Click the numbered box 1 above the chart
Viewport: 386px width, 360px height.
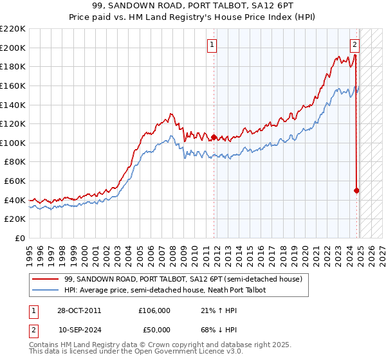click(x=212, y=44)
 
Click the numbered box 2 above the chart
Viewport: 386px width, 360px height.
click(x=354, y=44)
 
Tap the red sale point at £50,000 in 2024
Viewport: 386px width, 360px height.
click(x=356, y=190)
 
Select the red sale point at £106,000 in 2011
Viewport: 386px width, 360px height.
click(x=214, y=137)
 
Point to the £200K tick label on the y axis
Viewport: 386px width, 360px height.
click(x=13, y=48)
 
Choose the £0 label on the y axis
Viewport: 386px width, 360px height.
click(x=19, y=238)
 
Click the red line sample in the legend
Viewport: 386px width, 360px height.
click(x=46, y=278)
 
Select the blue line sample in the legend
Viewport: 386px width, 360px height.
click(x=46, y=290)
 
